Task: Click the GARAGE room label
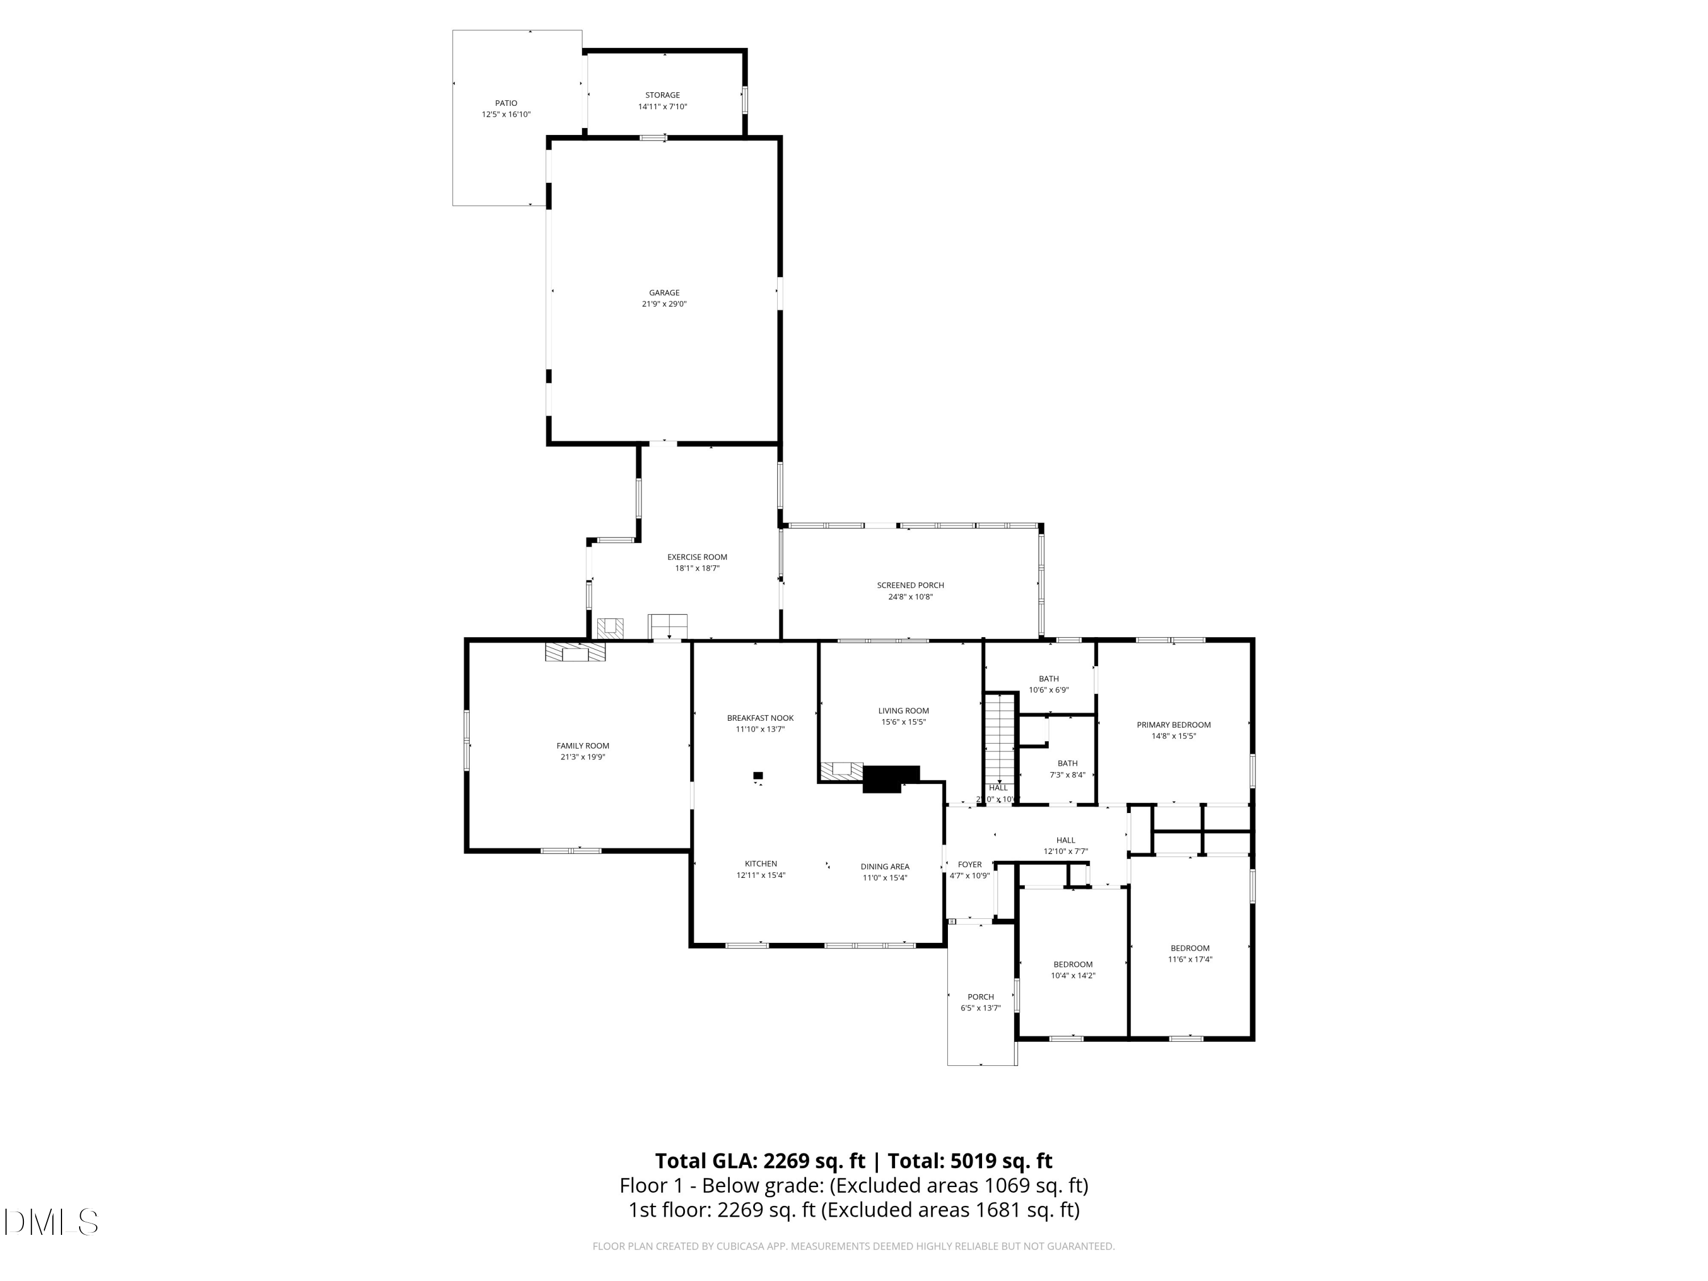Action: pos(663,293)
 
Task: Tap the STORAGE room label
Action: pos(663,95)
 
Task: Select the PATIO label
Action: pos(506,102)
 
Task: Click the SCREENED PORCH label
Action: pos(910,585)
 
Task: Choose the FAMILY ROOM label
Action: pos(582,746)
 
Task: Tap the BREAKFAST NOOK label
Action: pos(760,718)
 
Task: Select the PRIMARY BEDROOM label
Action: pos(1173,725)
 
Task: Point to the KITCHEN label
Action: pos(760,864)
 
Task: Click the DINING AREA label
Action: pos(884,867)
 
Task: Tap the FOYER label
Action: pos(969,865)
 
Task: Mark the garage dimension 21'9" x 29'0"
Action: pos(663,304)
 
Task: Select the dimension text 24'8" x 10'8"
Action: pos(910,597)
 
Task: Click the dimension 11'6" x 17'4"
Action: pos(1189,960)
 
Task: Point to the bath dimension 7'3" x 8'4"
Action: pos(1067,774)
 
